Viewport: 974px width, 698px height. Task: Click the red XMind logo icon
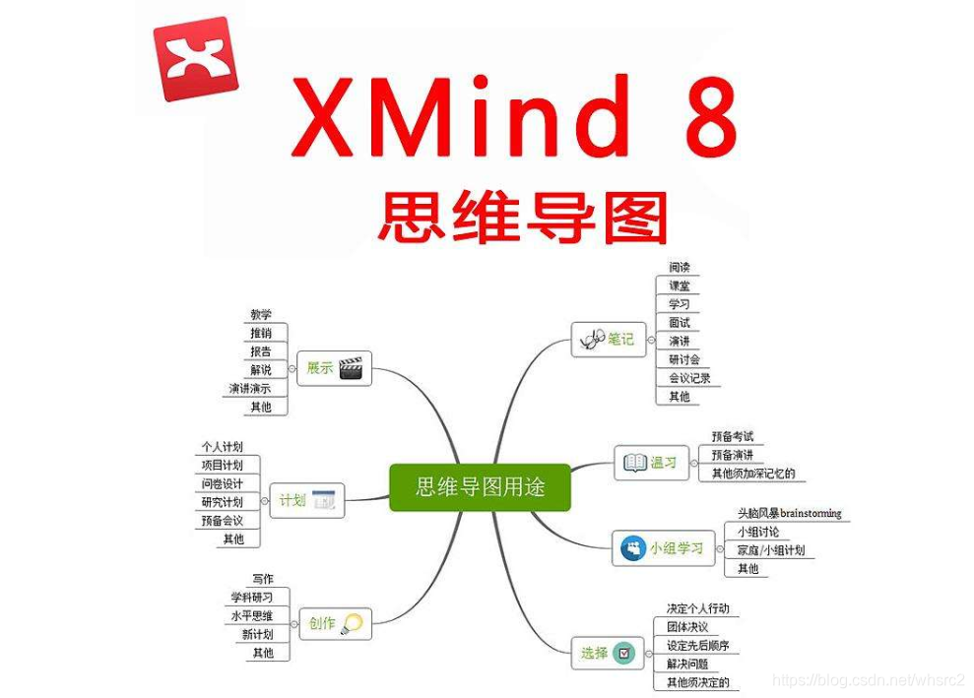point(196,60)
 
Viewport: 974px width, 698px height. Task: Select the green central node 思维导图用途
point(480,486)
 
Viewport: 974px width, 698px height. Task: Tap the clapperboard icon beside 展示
point(351,368)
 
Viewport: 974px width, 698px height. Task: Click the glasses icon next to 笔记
point(591,340)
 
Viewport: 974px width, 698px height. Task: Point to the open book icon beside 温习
point(632,462)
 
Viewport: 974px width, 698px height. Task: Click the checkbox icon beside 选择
point(623,652)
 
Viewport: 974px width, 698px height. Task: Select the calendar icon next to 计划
point(324,501)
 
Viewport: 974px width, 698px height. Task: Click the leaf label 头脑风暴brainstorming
point(790,513)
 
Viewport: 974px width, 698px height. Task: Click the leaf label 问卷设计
point(222,483)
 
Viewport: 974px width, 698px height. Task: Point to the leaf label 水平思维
point(252,615)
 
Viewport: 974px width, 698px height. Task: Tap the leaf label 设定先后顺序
point(698,645)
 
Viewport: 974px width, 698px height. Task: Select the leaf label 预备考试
point(733,436)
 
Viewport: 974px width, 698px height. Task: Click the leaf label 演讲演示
point(250,389)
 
